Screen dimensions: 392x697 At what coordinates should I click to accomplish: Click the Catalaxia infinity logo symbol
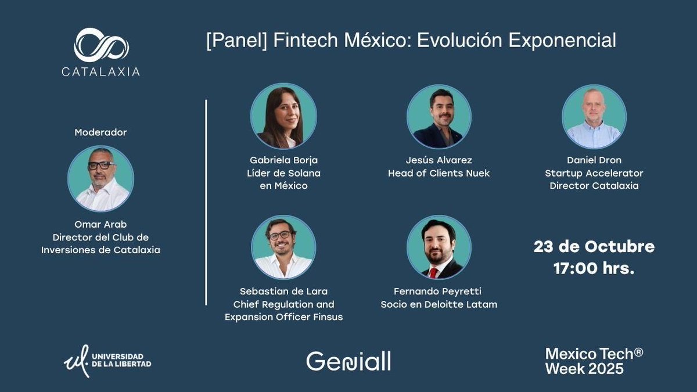(101, 45)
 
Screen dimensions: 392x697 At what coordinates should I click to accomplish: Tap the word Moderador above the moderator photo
(100, 132)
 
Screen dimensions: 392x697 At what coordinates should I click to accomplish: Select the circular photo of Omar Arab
(100, 178)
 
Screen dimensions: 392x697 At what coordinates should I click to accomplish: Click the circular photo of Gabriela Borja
(283, 116)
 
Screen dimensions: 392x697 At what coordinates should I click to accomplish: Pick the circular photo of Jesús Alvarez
(439, 117)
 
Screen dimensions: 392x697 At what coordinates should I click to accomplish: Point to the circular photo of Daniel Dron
(594, 117)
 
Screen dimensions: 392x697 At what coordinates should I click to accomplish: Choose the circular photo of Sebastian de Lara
(283, 247)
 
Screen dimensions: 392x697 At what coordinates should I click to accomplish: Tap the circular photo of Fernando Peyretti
(439, 247)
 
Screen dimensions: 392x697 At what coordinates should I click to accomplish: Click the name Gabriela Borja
(283, 160)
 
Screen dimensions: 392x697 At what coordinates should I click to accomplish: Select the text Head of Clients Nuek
(439, 173)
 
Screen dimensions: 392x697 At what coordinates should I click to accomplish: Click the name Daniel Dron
(594, 160)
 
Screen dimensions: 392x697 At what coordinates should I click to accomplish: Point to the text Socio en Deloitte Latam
(439, 304)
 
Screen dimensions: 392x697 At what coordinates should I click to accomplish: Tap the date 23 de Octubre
(594, 246)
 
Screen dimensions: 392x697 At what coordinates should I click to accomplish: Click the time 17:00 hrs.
(594, 269)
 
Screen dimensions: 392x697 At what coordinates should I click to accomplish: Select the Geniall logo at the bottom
(348, 361)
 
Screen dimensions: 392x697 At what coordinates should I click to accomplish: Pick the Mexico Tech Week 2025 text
(594, 361)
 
